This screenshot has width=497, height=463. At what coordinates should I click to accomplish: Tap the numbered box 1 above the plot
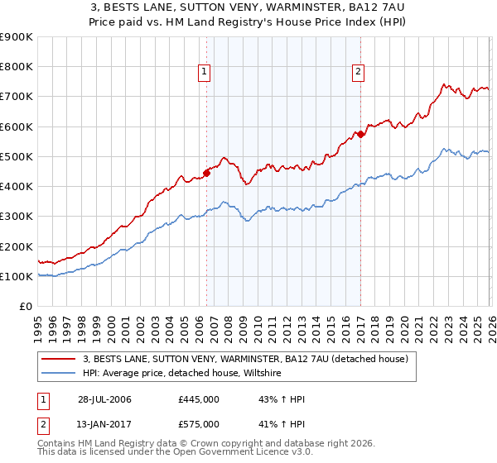click(x=205, y=73)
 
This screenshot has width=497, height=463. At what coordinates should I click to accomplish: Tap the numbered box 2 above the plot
click(x=359, y=73)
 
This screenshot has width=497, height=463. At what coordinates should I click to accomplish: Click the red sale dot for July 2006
click(x=206, y=173)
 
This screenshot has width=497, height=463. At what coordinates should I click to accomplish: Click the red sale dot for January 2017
click(x=361, y=134)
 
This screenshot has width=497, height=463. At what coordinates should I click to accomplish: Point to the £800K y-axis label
click(x=17, y=67)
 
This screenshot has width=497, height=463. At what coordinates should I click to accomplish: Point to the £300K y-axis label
click(x=17, y=217)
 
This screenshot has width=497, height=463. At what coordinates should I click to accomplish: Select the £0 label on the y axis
click(x=26, y=307)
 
